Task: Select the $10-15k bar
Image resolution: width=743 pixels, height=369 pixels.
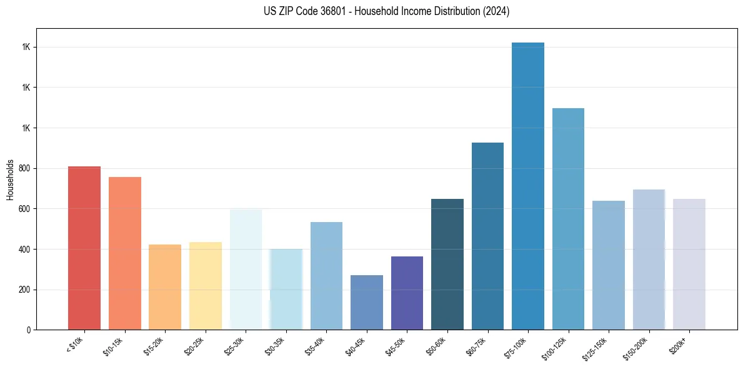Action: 125,253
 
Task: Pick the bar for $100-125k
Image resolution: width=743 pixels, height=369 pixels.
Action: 568,219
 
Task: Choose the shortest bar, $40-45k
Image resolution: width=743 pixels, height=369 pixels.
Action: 367,303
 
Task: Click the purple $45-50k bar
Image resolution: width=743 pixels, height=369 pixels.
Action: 407,293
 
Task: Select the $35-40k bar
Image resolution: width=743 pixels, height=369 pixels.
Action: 326,276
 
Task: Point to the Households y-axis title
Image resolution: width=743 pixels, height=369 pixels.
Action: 11,179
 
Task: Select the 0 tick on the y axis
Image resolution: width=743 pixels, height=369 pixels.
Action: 29,330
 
